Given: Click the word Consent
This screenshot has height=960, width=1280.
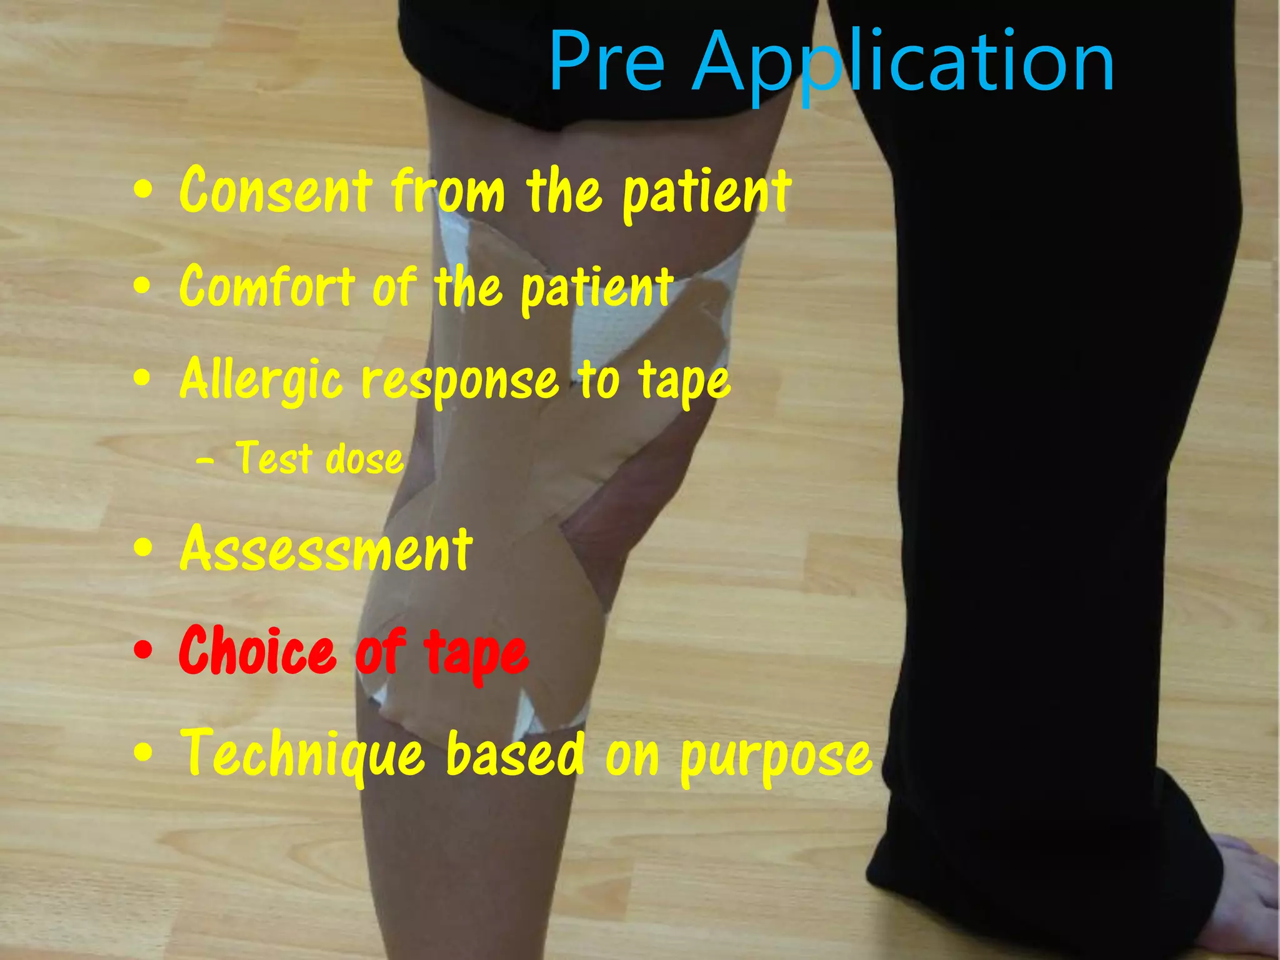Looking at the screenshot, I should [x=276, y=190].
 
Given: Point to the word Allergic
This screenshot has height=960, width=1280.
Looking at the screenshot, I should [x=261, y=380].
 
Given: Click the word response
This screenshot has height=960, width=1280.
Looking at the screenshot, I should [x=460, y=382].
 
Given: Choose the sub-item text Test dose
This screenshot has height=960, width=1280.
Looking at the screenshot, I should [x=319, y=459].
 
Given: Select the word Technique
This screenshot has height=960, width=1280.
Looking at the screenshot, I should [x=303, y=756].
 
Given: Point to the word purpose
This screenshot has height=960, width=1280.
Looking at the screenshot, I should [x=776, y=757].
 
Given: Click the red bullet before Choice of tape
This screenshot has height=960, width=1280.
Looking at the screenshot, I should [x=143, y=651].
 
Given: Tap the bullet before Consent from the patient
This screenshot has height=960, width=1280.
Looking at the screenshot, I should [x=143, y=191].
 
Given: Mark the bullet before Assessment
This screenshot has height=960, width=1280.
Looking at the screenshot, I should [x=143, y=548].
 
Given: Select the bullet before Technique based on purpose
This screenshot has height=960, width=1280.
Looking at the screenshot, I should [x=143, y=753].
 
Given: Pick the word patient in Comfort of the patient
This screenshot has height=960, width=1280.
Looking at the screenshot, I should [x=597, y=288].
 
